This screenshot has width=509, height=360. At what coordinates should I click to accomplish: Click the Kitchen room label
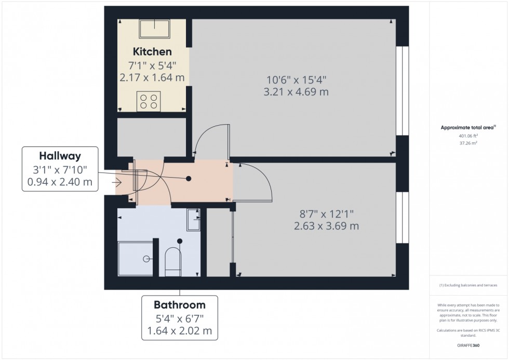pos(152,52)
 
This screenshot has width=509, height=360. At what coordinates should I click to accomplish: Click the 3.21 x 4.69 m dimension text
pos(296,92)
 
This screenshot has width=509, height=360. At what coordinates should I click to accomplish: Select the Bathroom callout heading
pos(179,304)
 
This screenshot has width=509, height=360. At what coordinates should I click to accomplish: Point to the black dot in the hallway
pos(189,179)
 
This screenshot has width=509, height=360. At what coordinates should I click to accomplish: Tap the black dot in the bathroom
pos(180,241)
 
